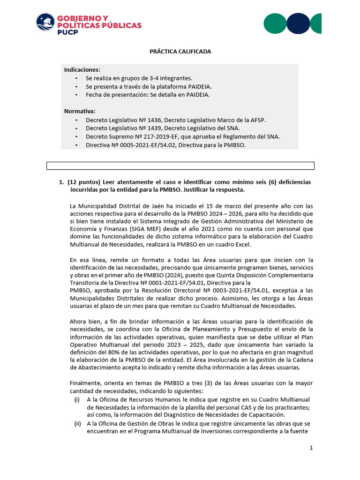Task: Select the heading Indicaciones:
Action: pos(82,69)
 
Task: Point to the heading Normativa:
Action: pos(80,111)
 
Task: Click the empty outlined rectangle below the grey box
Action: pos(180,165)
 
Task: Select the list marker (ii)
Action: pos(77,423)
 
